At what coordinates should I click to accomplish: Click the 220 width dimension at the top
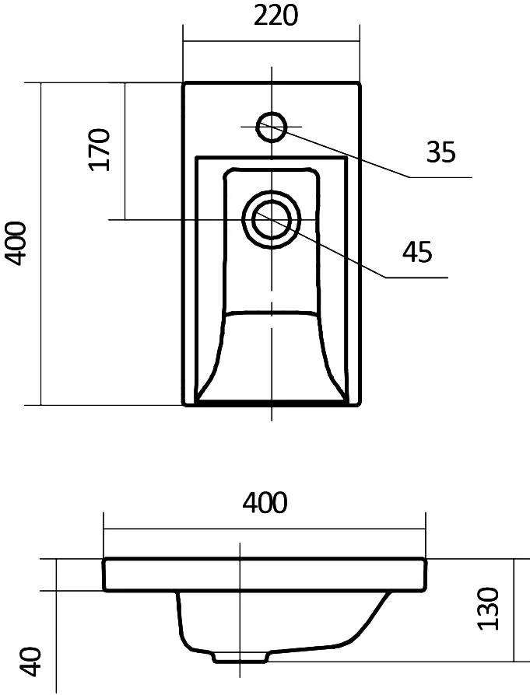276,17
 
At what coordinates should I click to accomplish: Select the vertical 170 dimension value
99,149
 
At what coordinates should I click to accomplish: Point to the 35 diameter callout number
440,152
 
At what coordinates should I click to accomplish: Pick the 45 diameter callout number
417,252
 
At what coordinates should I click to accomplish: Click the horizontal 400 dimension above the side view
265,503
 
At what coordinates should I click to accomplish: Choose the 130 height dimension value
488,608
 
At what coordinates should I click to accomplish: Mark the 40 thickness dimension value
30,662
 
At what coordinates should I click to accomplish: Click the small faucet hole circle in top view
271,127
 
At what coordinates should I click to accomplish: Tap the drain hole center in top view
272,219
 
